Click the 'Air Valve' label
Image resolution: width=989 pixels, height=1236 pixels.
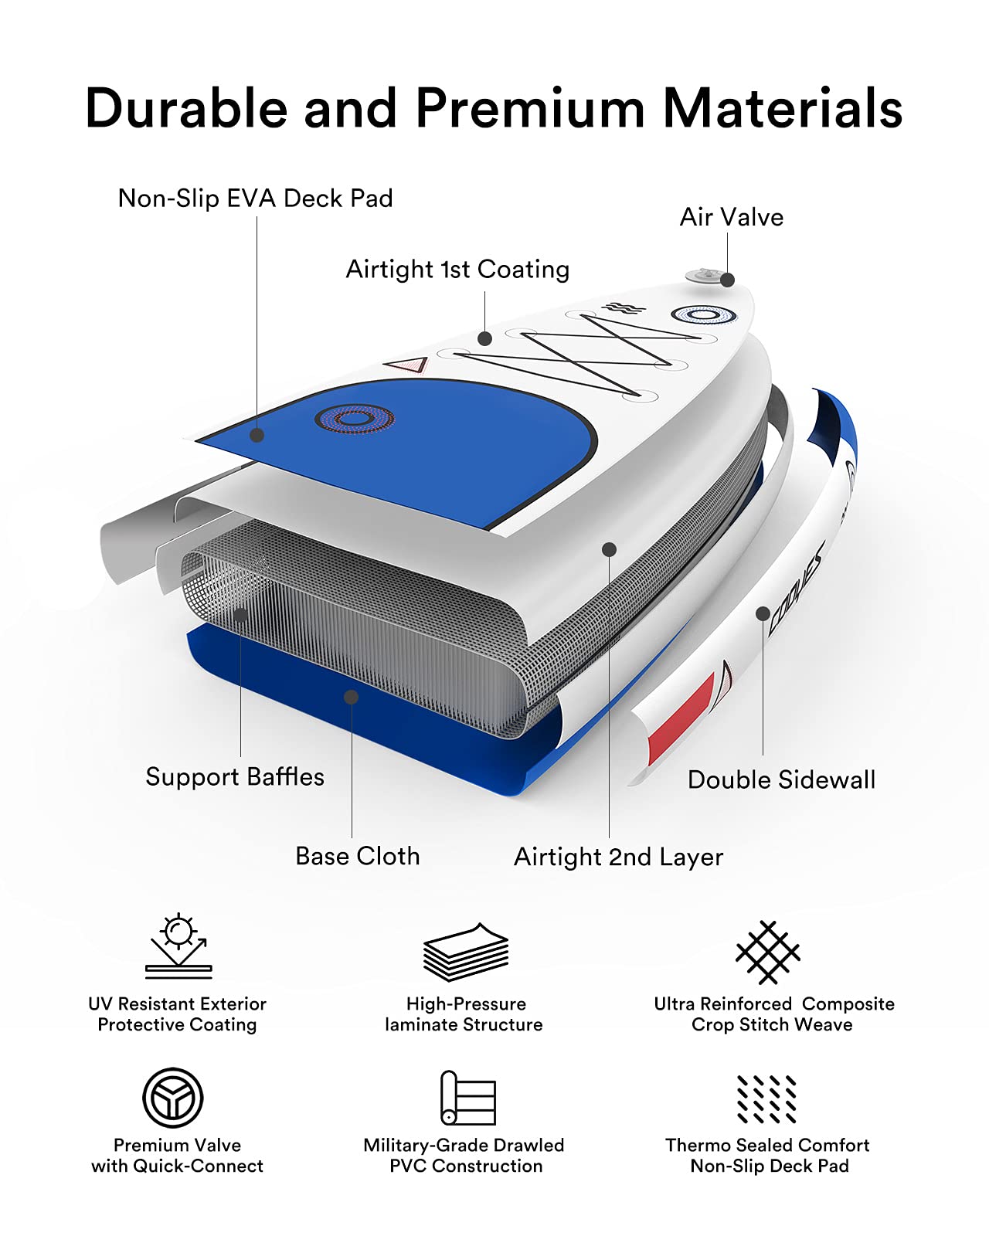732,217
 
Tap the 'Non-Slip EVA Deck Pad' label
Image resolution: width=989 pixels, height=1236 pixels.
255,199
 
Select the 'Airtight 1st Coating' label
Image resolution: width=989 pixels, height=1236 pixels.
457,270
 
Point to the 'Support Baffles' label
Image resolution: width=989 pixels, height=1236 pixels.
235,776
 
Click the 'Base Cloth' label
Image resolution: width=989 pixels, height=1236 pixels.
358,856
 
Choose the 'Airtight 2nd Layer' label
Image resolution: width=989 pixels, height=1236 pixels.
618,857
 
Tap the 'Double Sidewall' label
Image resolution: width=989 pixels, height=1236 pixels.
782,779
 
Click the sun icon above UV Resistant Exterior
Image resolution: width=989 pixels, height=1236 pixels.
178,946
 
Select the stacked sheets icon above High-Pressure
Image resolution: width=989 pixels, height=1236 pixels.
466,952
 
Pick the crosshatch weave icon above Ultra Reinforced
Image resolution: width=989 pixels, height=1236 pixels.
768,952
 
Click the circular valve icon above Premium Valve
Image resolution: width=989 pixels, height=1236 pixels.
173,1098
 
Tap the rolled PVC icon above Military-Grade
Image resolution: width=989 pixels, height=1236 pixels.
467,1098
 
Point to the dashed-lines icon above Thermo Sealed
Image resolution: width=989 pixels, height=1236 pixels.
766,1098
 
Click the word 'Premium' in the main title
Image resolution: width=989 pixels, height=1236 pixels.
530,108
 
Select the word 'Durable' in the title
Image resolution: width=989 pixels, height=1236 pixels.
187,107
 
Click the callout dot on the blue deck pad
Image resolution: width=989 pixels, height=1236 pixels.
257,436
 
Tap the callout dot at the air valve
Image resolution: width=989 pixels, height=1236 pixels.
727,280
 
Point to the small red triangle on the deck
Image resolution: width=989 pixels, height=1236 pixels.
407,364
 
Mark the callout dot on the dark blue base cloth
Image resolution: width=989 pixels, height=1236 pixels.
351,698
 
